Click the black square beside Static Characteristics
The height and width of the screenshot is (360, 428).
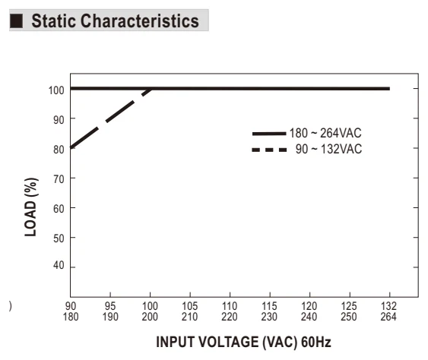(16, 21)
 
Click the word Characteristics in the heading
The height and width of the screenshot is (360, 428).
(140, 21)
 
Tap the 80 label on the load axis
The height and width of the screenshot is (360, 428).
(59, 150)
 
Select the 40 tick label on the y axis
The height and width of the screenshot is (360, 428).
(59, 265)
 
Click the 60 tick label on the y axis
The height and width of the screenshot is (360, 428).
(59, 209)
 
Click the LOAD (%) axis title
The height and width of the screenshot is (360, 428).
(31, 207)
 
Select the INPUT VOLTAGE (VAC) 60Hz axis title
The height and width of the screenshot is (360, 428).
(243, 343)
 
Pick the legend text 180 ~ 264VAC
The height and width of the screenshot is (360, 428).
(325, 133)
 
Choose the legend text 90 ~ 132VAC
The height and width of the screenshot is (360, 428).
(328, 149)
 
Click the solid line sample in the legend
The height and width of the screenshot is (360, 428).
(269, 134)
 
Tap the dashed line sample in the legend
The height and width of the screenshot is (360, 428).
(269, 150)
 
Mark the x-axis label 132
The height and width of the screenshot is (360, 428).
(388, 306)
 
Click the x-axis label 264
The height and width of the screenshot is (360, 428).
(388, 317)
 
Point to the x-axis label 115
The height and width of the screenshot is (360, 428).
(269, 306)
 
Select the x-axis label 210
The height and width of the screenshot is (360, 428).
(189, 317)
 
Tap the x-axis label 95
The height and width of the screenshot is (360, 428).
(110, 306)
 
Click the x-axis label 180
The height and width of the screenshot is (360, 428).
(71, 317)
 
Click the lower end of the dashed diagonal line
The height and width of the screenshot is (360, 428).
(71, 147)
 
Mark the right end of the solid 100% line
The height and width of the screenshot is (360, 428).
(389, 89)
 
